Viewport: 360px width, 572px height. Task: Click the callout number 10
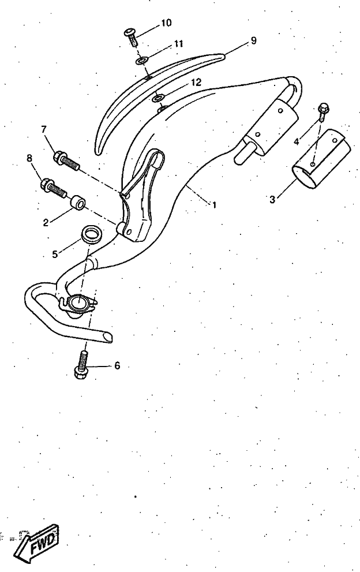pos(166,23)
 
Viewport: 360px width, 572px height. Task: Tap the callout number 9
pos(253,40)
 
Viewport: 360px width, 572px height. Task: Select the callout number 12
pos(196,83)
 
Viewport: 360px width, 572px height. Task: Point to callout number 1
pos(215,205)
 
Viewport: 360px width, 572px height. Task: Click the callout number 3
pos(272,200)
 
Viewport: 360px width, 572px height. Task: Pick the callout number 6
pos(117,365)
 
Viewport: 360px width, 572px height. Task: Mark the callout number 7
pos(44,129)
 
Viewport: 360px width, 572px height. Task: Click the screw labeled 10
pos(132,37)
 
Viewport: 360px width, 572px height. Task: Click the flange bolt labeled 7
pos(66,161)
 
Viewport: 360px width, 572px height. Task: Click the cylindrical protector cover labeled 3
pos(321,159)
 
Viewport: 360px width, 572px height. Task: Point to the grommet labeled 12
pos(158,98)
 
